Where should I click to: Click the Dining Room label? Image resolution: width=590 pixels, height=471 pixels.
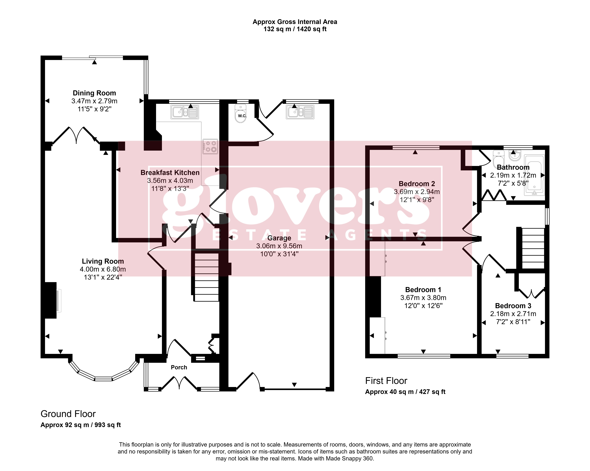94,93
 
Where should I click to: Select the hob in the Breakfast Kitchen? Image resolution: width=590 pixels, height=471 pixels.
210,146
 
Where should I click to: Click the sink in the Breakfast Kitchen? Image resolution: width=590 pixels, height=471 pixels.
185,112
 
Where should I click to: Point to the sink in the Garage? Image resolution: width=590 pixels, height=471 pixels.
300,112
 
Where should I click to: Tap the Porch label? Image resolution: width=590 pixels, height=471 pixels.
179,367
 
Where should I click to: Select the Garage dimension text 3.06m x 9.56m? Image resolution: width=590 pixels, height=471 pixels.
279,246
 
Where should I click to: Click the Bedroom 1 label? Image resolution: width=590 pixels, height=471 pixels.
423,290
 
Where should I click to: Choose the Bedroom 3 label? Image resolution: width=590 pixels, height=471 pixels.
513,306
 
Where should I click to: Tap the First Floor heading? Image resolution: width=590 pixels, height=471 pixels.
386,381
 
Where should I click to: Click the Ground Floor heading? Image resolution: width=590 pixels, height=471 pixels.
68,414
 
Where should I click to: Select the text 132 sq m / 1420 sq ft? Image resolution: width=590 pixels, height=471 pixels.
295,29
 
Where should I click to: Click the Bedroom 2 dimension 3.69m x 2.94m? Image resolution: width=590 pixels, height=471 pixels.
417,192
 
